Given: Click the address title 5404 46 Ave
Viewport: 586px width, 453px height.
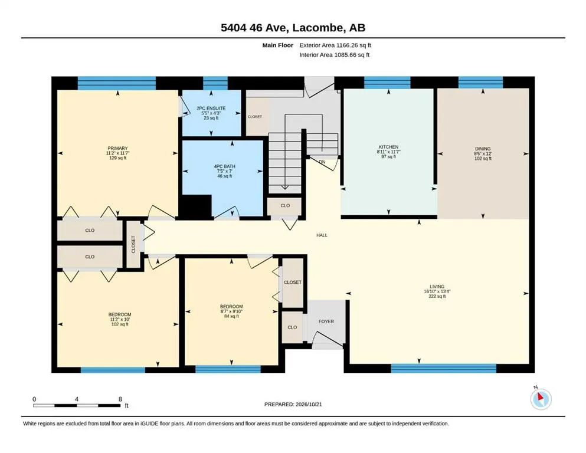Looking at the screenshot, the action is (253, 28).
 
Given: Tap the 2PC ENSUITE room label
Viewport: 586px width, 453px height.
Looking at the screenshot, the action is (211, 109).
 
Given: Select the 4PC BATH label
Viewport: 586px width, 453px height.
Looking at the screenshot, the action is (225, 166).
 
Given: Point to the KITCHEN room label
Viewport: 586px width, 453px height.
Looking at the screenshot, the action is (389, 147).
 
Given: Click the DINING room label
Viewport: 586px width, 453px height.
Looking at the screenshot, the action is (483, 149).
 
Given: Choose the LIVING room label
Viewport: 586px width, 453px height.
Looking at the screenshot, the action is (437, 287).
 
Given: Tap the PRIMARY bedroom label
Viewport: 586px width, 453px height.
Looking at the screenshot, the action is (117, 148).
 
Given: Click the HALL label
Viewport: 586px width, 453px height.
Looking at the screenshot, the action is (322, 235).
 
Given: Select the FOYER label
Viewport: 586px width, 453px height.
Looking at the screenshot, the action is (326, 321).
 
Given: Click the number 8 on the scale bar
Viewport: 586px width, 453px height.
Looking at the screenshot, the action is (120, 399).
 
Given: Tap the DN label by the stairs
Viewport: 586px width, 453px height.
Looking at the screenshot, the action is (322, 162).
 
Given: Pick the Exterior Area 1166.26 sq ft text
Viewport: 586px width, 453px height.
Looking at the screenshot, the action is (335, 45).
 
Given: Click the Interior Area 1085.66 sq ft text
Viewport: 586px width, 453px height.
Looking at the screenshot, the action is (335, 55).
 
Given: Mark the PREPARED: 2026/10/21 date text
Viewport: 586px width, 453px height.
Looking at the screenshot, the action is (293, 404).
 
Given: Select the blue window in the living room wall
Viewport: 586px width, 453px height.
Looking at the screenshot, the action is (444, 368).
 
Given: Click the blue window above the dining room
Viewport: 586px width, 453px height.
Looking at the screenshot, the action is (480, 82).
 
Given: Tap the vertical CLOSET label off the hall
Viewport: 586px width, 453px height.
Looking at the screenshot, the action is (133, 245).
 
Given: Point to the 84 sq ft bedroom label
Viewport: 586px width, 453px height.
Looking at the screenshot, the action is (231, 316).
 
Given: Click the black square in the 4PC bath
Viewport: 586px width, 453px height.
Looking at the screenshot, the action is (197, 205).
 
